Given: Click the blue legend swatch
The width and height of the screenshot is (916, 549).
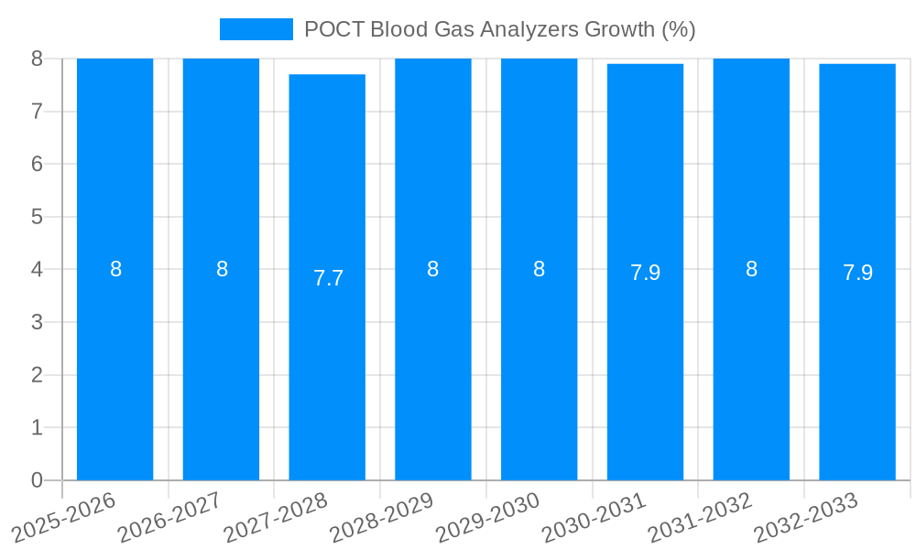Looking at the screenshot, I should [256, 29].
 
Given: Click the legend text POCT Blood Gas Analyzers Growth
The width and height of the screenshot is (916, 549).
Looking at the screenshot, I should [499, 29].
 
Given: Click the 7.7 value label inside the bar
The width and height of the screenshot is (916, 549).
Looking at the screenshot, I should [328, 278].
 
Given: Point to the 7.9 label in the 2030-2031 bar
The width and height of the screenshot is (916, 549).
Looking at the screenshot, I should [645, 273].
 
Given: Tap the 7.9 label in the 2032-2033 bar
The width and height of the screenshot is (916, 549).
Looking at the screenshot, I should [857, 273].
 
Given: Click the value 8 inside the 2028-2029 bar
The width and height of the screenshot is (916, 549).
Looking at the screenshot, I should [432, 269].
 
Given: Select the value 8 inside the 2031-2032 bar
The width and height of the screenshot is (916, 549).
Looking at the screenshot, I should [751, 269].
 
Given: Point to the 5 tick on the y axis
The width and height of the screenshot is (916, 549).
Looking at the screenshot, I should [37, 217].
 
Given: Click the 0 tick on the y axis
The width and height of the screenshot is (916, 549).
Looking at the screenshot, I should [37, 480].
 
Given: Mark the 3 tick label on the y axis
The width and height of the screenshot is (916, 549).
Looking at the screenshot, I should [37, 322].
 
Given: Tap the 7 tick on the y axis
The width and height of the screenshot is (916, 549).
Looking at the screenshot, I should [37, 112].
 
